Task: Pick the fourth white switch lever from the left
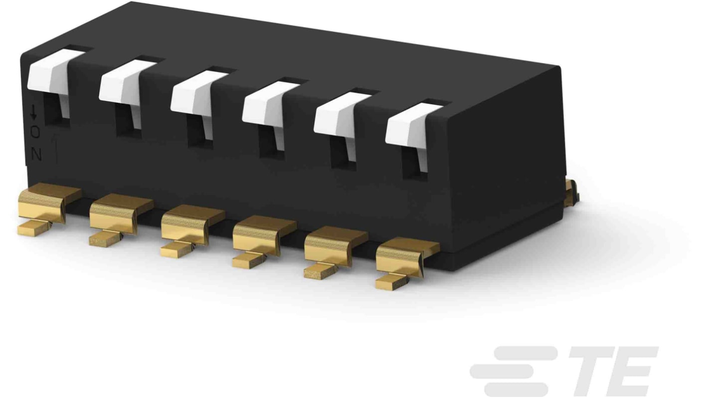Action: coord(265,107)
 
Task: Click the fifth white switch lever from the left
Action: coord(337,118)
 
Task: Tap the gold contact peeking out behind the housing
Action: coord(572,192)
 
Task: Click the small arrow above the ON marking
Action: coord(34,112)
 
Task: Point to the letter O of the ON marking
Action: coord(35,132)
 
